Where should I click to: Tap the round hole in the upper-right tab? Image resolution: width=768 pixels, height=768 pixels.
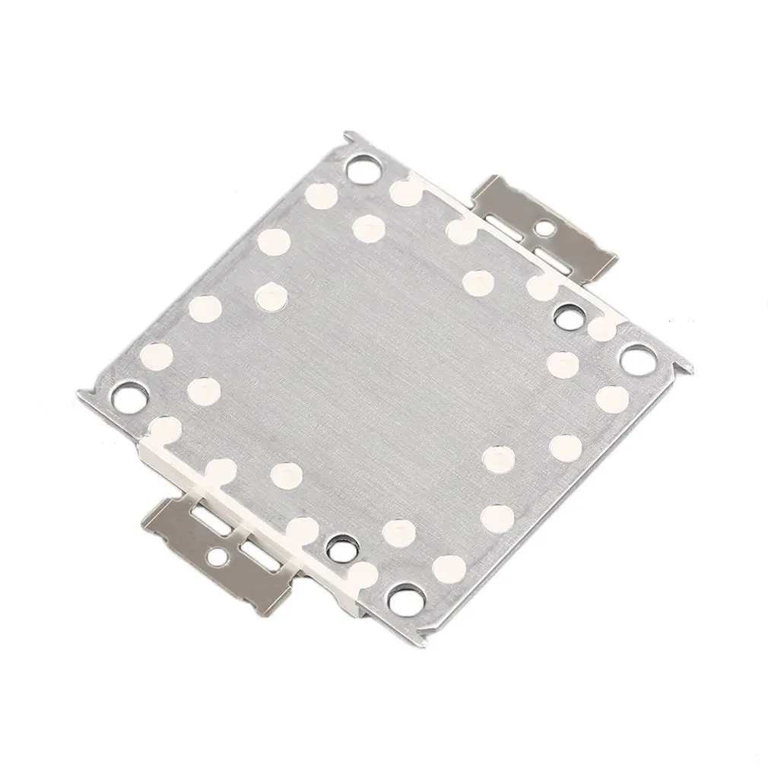[x=544, y=227]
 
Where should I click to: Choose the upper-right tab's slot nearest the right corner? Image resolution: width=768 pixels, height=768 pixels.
[x=553, y=252]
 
